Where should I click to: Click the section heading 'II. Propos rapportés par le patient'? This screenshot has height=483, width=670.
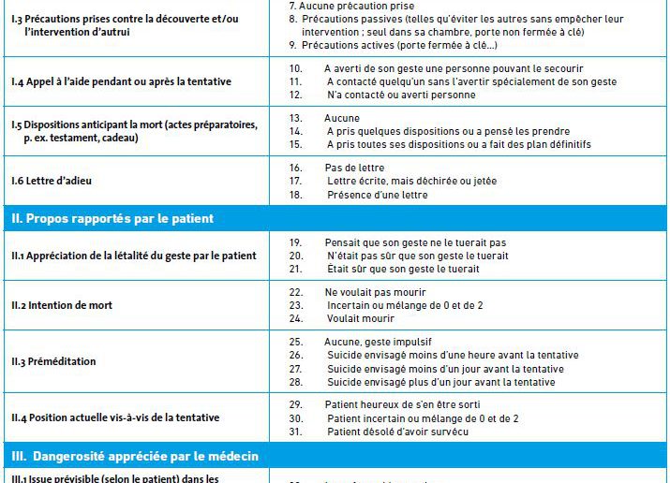(112, 219)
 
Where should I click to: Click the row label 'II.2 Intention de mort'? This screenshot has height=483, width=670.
(62, 306)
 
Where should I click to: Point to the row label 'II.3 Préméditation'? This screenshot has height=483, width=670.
(53, 361)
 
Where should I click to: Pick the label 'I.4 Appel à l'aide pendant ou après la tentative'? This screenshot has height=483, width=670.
(121, 81)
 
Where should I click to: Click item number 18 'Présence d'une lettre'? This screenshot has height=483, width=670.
(377, 195)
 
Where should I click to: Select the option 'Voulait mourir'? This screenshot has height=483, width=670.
(360, 318)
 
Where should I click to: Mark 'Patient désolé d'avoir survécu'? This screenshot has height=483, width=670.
(396, 432)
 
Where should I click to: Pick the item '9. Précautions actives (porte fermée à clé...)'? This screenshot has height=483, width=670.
(393, 45)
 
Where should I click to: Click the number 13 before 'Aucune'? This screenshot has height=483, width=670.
(295, 118)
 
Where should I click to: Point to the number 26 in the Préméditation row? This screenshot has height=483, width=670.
(296, 356)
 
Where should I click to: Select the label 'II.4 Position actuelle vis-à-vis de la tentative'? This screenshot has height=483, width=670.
(115, 417)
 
